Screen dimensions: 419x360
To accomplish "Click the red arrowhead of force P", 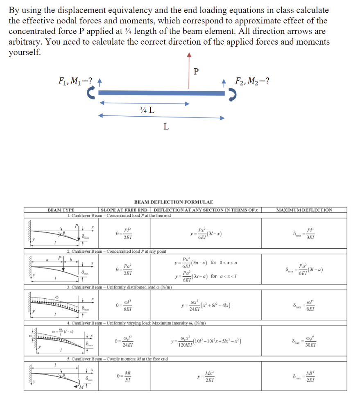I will [188, 54].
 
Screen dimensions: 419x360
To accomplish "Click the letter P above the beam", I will [196, 72].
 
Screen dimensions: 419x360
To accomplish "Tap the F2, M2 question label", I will [253, 81].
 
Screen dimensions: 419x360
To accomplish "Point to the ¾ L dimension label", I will [147, 110].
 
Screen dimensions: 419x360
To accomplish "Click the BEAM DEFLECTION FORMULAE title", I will [174, 202].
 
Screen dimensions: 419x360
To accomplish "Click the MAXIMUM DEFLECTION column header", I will [304, 210].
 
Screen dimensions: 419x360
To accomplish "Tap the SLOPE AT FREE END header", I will [124, 210].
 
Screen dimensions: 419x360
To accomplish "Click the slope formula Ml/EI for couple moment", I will [127, 376].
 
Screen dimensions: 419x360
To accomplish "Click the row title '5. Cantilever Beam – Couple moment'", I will [118, 359].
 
